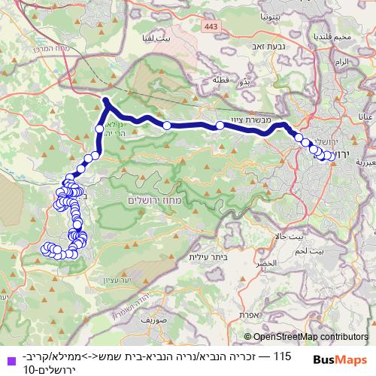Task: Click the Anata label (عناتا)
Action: coord(365,117)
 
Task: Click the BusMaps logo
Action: coord(339,360)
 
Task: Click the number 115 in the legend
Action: coord(282,355)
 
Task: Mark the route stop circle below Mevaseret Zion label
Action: coord(220,126)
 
